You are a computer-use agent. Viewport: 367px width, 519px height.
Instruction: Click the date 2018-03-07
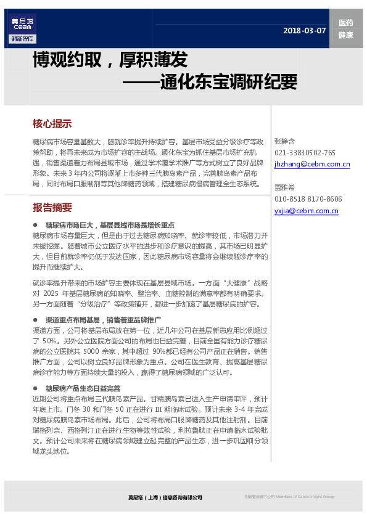[304, 31]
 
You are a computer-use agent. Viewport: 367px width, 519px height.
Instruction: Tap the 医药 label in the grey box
[345, 23]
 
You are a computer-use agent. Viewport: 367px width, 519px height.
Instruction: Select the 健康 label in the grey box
[345, 35]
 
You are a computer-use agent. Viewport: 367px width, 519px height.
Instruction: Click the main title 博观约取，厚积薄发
[110, 60]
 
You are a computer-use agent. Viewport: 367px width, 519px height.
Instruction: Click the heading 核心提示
[52, 123]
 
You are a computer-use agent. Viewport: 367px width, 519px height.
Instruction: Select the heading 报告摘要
[52, 207]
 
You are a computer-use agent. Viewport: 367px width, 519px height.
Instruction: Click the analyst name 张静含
[285, 141]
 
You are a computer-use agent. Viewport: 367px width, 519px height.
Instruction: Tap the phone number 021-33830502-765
[305, 153]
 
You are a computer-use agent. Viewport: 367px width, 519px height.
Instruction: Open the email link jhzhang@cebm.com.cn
[312, 165]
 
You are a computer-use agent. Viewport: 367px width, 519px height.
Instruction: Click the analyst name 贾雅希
[285, 187]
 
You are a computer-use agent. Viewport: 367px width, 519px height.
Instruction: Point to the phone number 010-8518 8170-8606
[308, 199]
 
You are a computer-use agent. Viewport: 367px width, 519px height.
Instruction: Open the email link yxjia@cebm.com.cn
[307, 211]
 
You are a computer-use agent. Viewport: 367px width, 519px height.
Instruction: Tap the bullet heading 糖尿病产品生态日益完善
[83, 388]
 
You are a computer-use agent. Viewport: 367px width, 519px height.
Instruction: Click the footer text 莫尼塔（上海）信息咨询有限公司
[165, 497]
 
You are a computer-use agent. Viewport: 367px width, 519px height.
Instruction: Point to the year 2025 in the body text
[51, 295]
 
